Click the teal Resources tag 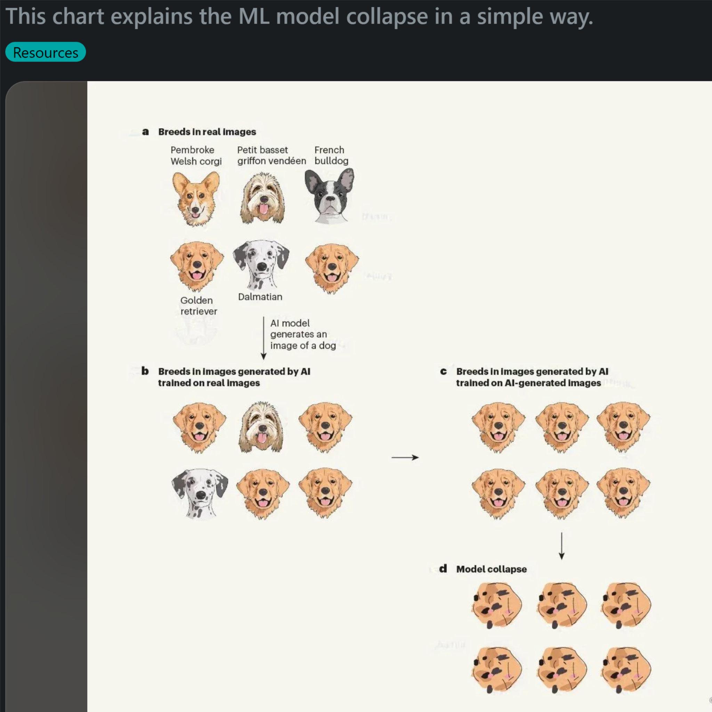click(45, 52)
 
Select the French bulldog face click(329, 196)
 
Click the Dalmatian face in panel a click(261, 265)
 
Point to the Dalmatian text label click(260, 297)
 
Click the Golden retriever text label click(198, 306)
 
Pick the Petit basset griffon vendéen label click(272, 155)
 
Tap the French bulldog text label click(331, 155)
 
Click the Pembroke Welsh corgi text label click(196, 155)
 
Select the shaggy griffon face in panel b click(261, 427)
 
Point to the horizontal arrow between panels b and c click(405, 458)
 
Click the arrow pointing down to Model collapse click(562, 546)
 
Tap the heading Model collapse click(491, 569)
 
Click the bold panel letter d click(443, 569)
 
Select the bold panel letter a click(146, 131)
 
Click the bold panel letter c click(443, 372)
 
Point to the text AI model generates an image click(303, 334)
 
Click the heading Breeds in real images click(207, 131)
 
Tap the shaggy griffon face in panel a click(262, 198)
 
